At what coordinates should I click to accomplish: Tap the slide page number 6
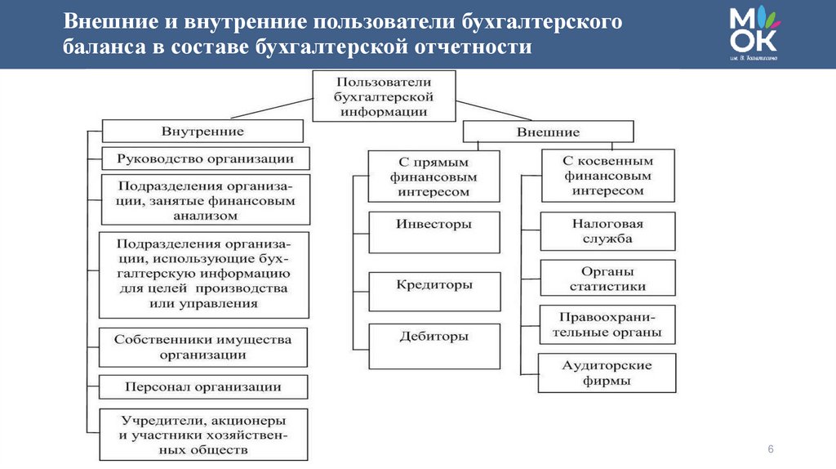click(x=770, y=451)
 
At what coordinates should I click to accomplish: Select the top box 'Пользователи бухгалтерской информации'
click(x=383, y=96)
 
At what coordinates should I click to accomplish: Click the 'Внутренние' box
click(x=202, y=131)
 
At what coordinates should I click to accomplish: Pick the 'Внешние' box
click(x=548, y=132)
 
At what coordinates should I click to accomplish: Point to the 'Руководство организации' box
click(x=204, y=158)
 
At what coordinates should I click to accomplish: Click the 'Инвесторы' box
click(x=434, y=232)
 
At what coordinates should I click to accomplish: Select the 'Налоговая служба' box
click(x=607, y=231)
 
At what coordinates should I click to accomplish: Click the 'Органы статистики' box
click(x=607, y=279)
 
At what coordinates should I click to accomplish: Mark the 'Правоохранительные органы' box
click(x=607, y=325)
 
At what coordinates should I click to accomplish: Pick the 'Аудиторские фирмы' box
click(x=607, y=373)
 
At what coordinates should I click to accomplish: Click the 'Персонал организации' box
click(x=203, y=386)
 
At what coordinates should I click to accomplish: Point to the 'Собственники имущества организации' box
click(x=203, y=347)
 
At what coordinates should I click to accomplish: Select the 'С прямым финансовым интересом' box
click(x=434, y=176)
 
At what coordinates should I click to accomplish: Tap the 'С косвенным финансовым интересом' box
click(x=607, y=176)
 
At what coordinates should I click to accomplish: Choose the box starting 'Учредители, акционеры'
click(x=203, y=435)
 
